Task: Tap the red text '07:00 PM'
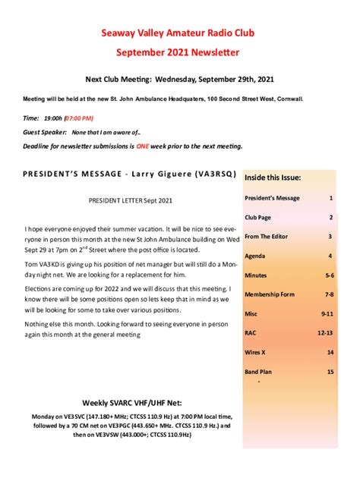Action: (79, 118)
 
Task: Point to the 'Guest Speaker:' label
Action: (45, 131)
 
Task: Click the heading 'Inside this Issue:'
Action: (273, 178)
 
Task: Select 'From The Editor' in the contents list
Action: (267, 236)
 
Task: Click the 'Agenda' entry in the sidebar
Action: (255, 256)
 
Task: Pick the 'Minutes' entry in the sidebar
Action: (256, 275)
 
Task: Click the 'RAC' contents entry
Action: (251, 332)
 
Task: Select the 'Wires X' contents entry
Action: (256, 352)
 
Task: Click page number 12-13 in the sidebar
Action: (325, 332)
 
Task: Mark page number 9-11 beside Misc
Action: (327, 313)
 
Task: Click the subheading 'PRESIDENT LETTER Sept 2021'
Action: (131, 200)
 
